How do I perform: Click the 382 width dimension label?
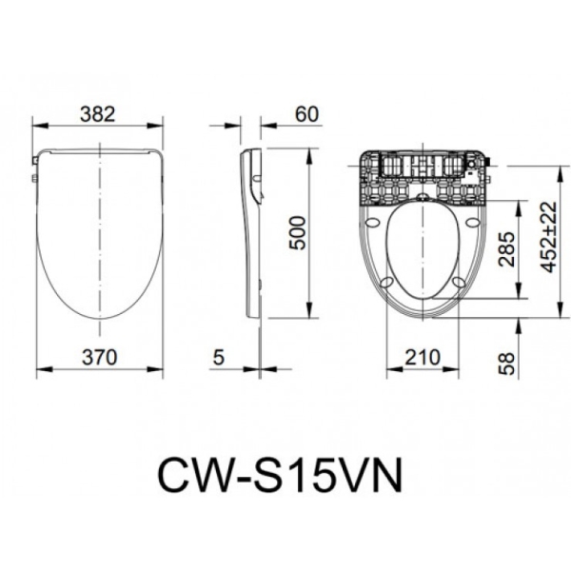click(98, 113)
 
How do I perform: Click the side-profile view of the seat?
click(252, 233)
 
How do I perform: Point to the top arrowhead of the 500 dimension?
click(310, 155)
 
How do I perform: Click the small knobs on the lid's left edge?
click(34, 173)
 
